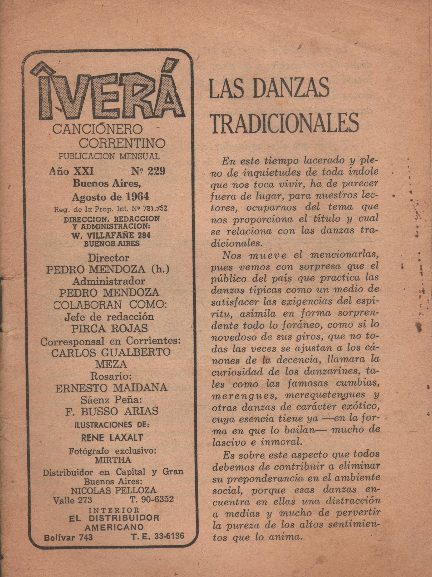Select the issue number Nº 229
[x=148, y=171]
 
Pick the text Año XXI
[x=71, y=171]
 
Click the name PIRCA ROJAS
[x=110, y=328]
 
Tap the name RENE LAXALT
[x=112, y=438]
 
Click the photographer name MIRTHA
[x=113, y=460]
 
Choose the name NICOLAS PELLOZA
[x=114, y=490]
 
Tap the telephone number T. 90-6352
[x=152, y=499]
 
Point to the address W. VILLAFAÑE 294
[x=111, y=235]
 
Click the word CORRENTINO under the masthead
[x=122, y=143]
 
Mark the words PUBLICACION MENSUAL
[x=109, y=156]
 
